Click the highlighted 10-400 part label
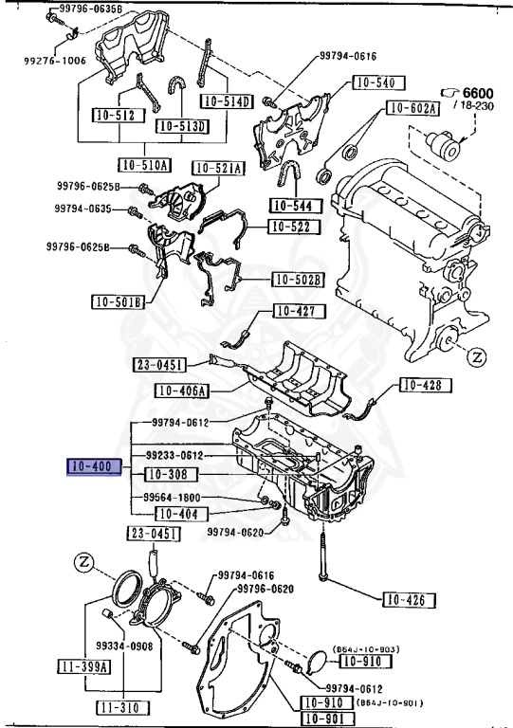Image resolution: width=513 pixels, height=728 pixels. [x=94, y=466]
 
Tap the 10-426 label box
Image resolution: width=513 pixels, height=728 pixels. [x=409, y=600]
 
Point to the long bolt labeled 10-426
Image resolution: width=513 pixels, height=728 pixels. [x=321, y=556]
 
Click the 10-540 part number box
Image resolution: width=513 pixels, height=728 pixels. [x=379, y=82]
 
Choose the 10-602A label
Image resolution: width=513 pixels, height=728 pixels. [x=412, y=108]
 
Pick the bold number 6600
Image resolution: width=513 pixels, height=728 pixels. [x=478, y=93]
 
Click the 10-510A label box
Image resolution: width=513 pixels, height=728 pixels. [x=144, y=164]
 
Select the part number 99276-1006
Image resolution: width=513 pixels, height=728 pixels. [x=55, y=61]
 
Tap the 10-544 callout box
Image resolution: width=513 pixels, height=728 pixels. [x=296, y=205]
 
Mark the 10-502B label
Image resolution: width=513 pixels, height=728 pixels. [x=298, y=280]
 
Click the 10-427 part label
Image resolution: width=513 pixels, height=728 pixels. [x=300, y=311]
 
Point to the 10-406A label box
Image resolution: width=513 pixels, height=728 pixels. [x=181, y=391]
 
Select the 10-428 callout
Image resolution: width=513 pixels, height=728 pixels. [x=425, y=385]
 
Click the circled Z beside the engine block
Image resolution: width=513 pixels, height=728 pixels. [x=476, y=357]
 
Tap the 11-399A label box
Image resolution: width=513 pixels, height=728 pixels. [x=84, y=666]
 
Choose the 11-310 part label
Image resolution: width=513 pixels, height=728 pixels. [x=123, y=707]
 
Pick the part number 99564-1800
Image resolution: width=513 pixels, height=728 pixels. [x=172, y=498]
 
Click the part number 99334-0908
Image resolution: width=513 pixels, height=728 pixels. [x=124, y=646]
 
